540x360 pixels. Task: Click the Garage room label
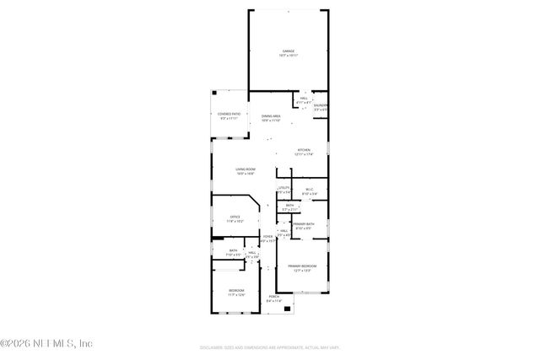tap(289, 53)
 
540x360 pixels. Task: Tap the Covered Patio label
tap(229, 116)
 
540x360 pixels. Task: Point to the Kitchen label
tap(303, 153)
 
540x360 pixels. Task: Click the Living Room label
tap(246, 171)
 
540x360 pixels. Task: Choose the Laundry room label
tap(321, 108)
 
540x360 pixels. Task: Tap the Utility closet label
tap(284, 190)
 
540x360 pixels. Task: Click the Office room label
tap(235, 218)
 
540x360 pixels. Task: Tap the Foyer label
tap(267, 239)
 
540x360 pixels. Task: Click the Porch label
tap(274, 298)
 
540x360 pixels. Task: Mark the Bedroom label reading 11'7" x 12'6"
tap(235, 293)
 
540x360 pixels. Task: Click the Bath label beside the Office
tap(233, 252)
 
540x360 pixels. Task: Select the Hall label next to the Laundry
tap(304, 100)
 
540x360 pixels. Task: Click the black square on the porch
tap(288, 309)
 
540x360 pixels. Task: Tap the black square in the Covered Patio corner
tap(214, 93)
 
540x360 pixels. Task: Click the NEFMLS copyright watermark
tap(46, 343)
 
